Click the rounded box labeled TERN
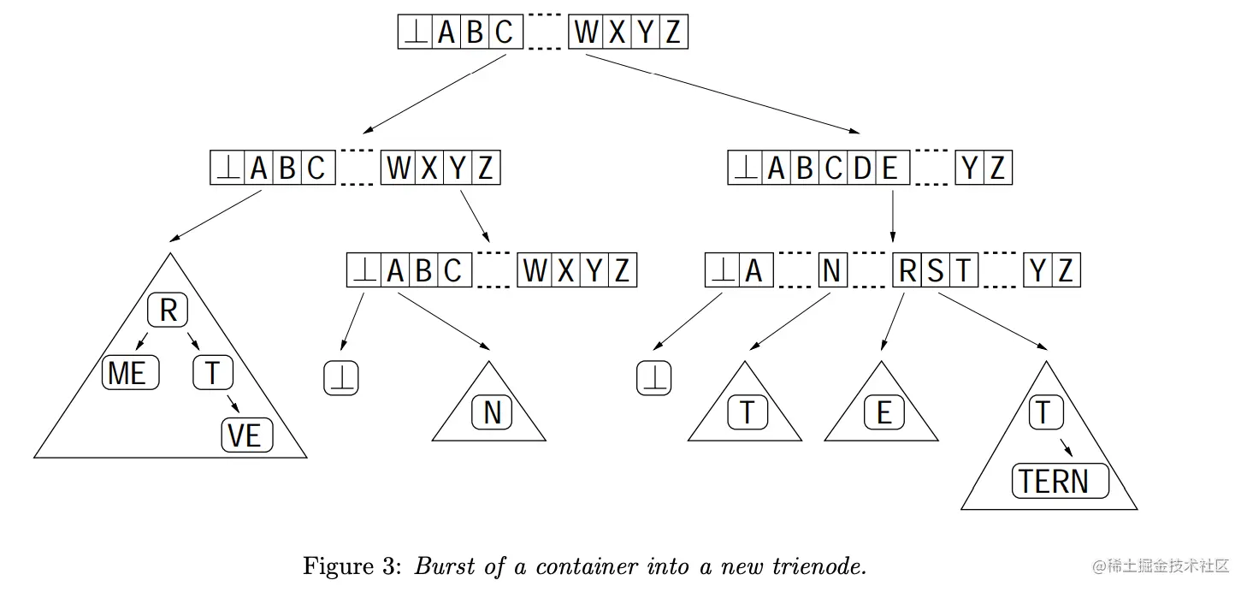point(1061,482)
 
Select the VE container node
point(246,436)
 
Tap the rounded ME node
point(130,374)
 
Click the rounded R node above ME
point(168,311)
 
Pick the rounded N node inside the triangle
point(492,413)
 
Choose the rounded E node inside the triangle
point(884,413)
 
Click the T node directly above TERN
point(1043,413)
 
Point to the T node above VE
point(212,374)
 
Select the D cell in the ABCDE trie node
point(861,169)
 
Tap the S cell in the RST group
point(936,271)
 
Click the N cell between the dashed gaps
point(830,271)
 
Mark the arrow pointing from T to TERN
point(1065,447)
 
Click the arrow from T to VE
point(232,404)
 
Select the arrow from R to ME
point(143,340)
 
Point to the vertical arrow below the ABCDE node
point(893,214)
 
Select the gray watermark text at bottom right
point(1160,565)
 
